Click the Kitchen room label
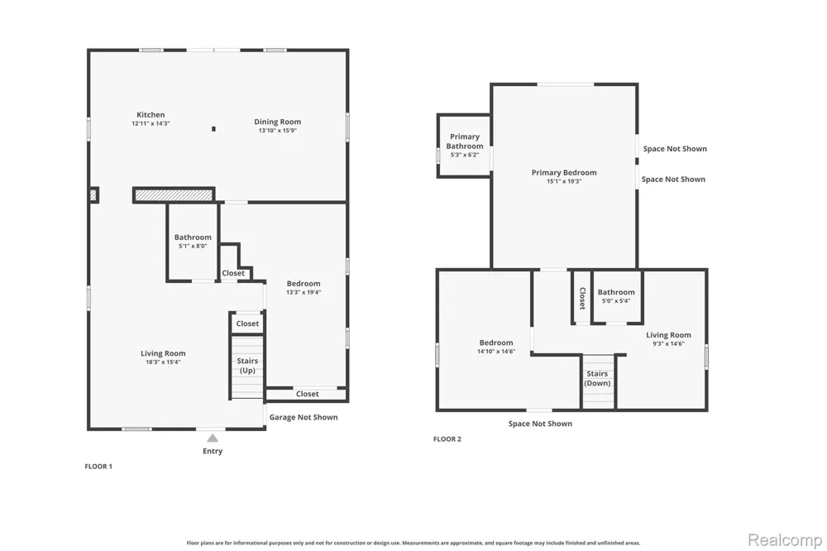(151, 114)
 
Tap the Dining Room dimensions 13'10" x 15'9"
(277, 131)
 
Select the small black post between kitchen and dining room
(213, 129)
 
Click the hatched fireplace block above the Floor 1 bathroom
(174, 195)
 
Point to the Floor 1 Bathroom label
(193, 237)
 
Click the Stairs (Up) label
(247, 365)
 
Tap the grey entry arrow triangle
(213, 438)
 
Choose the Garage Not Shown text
(304, 417)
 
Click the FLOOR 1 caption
(98, 466)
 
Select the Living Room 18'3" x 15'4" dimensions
(163, 362)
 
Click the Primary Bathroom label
(465, 141)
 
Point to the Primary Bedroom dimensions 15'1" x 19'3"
(564, 181)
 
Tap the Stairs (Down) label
(597, 378)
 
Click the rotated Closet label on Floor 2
(582, 298)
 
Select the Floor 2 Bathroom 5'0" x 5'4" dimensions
(616, 301)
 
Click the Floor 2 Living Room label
(668, 334)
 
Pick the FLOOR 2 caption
(447, 438)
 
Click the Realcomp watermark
(785, 540)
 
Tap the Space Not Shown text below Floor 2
(540, 424)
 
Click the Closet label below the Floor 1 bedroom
(308, 394)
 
